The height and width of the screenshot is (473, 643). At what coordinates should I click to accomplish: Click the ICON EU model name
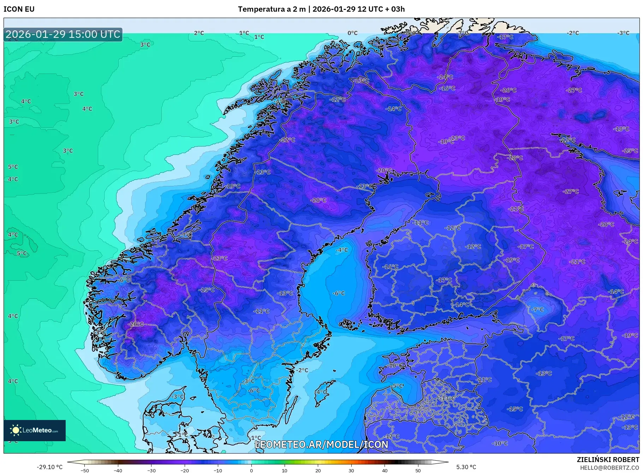pos(19,9)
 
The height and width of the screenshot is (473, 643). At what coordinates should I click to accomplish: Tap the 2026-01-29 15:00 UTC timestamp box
pos(63,34)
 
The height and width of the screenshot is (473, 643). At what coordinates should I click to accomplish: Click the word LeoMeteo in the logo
pos(37,430)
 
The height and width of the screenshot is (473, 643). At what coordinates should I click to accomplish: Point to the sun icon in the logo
pos(16,430)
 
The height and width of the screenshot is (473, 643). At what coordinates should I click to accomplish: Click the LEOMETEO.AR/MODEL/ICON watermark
pos(321,444)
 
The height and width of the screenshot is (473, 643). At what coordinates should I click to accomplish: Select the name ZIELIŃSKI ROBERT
pos(608,460)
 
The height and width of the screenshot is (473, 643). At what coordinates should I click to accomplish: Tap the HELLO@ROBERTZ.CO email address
pos(609,468)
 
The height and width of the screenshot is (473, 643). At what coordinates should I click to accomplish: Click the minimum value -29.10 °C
pos(50,467)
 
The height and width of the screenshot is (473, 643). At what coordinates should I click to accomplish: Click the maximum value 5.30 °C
pos(466,467)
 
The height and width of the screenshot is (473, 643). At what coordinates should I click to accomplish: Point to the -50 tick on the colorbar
pos(85,471)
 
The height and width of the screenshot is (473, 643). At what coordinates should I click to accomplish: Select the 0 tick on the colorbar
pos(251,471)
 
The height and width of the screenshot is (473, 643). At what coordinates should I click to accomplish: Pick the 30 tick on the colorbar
pos(351,471)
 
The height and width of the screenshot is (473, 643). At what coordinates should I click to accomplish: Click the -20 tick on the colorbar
pos(185,471)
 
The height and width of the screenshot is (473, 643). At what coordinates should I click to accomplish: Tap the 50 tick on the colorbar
pos(418,471)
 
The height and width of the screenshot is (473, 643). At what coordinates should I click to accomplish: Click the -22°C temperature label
pos(287,140)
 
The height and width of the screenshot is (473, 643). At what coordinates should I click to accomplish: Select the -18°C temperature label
pos(621,129)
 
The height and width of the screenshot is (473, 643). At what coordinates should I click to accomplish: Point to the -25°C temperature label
pos(630,151)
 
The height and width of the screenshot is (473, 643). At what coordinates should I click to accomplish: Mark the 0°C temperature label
pos(352,33)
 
